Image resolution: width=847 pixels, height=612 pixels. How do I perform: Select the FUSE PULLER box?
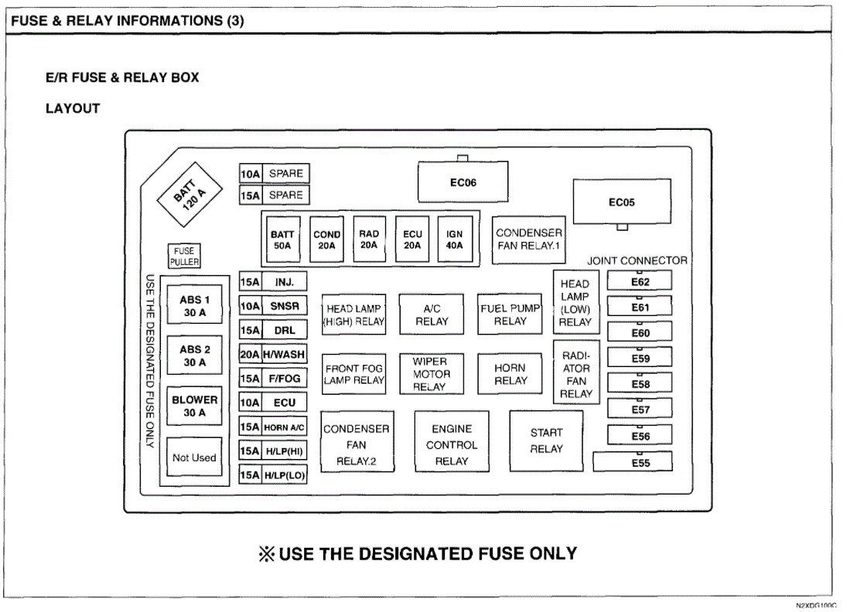click(x=185, y=256)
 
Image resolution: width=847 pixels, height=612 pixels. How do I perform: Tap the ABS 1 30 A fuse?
click(x=194, y=306)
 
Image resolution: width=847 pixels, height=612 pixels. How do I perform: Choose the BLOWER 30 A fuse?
click(x=194, y=406)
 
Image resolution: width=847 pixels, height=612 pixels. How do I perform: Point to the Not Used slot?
click(x=194, y=457)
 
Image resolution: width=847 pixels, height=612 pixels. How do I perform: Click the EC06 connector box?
click(x=463, y=183)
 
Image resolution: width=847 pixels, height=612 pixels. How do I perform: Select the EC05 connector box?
click(x=621, y=202)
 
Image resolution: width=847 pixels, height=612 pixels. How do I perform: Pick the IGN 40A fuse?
click(x=454, y=240)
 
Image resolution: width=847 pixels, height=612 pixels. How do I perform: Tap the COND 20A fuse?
click(x=326, y=240)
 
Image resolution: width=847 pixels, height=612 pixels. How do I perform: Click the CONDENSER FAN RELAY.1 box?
click(x=529, y=240)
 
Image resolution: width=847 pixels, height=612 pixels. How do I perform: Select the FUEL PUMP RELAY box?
click(x=510, y=314)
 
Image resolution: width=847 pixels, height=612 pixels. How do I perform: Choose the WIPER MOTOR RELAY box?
click(x=431, y=374)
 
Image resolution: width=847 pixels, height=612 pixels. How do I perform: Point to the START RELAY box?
click(x=546, y=441)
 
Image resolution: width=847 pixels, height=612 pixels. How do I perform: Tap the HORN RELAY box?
click(x=510, y=374)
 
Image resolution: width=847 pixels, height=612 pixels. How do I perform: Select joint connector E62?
click(x=640, y=282)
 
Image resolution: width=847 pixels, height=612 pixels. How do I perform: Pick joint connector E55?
click(x=633, y=463)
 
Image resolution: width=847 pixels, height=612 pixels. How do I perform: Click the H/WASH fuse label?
click(x=285, y=355)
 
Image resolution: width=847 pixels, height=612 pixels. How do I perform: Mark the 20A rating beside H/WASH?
click(x=250, y=355)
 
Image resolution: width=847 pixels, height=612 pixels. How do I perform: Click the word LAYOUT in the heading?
click(x=73, y=109)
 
